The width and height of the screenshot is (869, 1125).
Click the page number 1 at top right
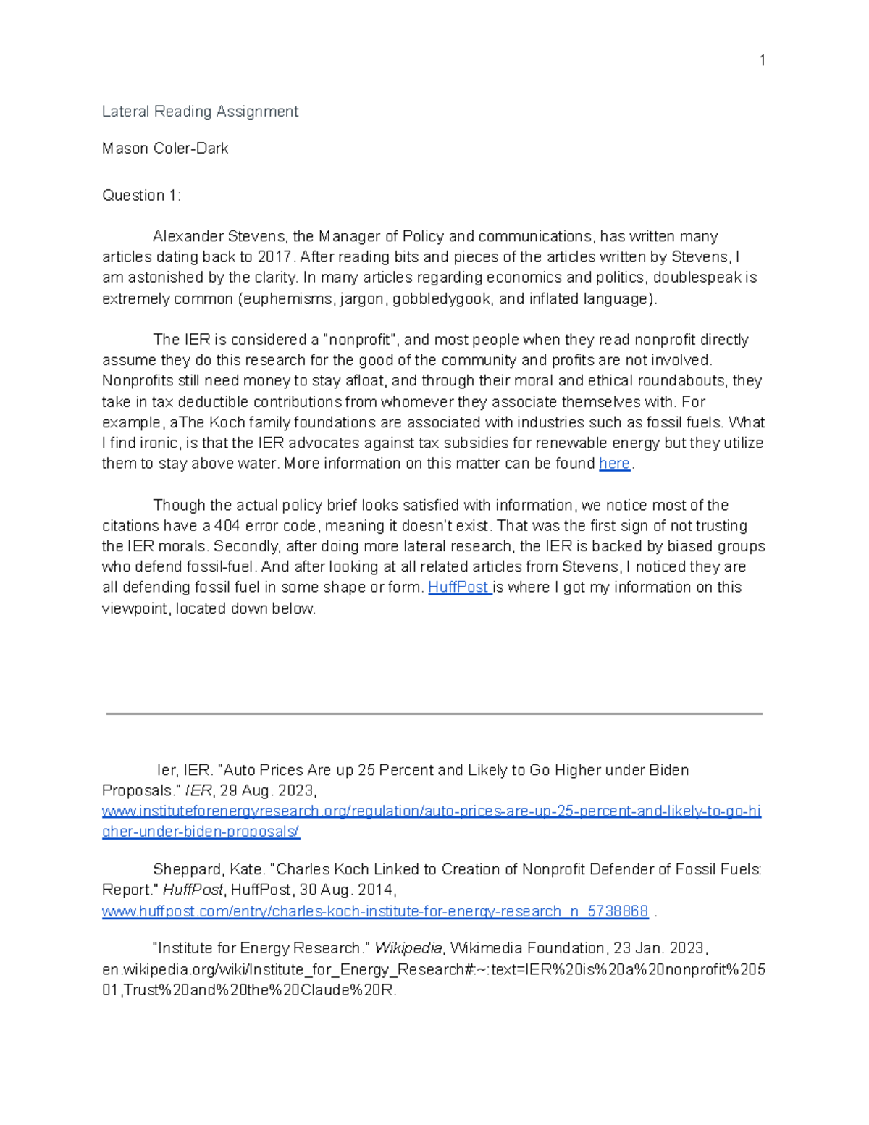click(x=762, y=60)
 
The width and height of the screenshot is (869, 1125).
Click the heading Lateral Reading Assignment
click(x=200, y=112)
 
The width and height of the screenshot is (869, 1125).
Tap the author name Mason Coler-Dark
click(x=165, y=149)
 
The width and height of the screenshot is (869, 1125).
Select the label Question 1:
click(x=141, y=196)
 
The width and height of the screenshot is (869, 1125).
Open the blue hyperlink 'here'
click(x=614, y=464)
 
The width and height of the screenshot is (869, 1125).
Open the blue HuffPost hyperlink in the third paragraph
click(x=458, y=587)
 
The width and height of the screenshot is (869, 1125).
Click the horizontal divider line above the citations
click(x=434, y=714)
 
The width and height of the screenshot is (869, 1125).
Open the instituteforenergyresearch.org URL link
click(x=431, y=811)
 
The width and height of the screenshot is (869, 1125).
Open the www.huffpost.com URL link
click(x=374, y=911)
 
